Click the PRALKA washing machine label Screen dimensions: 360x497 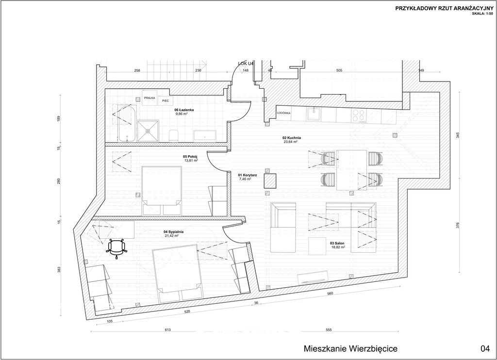click(149, 98)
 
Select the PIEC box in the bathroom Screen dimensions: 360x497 click(166, 101)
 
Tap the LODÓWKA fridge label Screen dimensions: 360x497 click(283, 113)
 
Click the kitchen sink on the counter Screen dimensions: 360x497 click(314, 115)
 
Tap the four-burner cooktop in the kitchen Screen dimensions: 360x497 click(359, 115)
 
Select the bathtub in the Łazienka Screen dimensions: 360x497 click(125, 124)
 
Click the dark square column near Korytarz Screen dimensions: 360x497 click(270, 181)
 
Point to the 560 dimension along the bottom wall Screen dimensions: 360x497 click(330, 294)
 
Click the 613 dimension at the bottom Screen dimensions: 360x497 click(168, 330)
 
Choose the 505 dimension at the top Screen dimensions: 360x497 click(339, 70)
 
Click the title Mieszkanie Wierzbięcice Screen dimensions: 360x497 click(350, 348)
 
